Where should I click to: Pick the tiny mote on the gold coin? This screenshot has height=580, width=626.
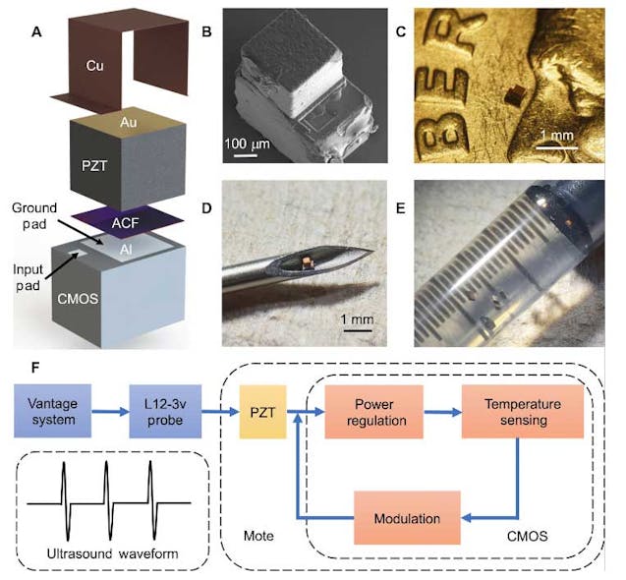click(x=513, y=94)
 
